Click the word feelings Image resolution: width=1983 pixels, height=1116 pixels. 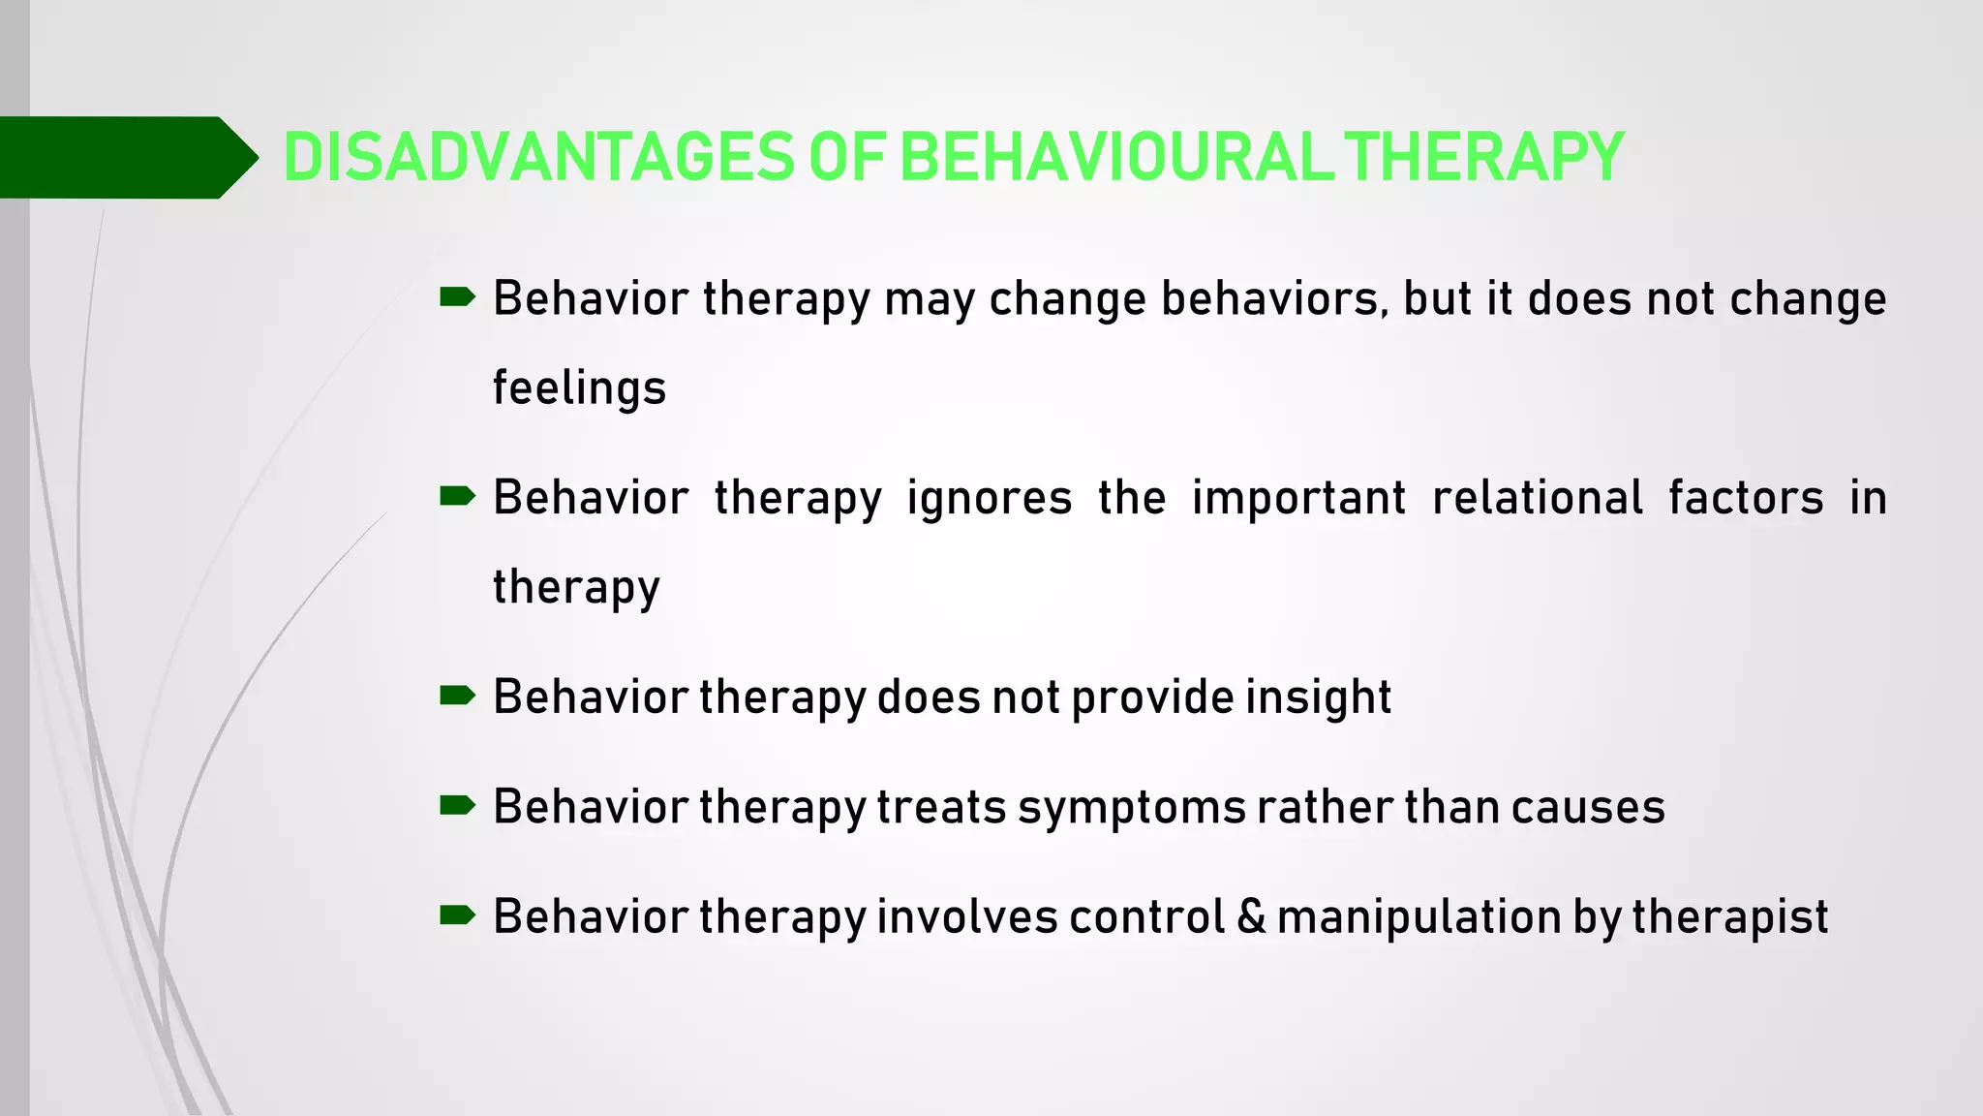pyautogui.click(x=579, y=387)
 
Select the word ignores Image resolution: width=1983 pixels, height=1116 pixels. pyautogui.click(x=989, y=498)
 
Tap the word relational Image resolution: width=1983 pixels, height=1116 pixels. pyautogui.click(x=1537, y=498)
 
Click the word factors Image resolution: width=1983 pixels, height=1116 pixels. pyautogui.click(x=1746, y=498)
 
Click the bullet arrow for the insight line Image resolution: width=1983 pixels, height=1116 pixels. pyautogui.click(x=457, y=696)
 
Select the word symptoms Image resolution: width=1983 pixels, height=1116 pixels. pyautogui.click(x=1131, y=808)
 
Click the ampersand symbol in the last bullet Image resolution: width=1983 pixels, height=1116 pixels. pyautogui.click(x=1251, y=916)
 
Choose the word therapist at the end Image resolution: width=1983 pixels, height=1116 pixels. pyautogui.click(x=1729, y=916)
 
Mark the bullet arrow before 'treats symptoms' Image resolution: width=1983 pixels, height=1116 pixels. pyautogui.click(x=457, y=805)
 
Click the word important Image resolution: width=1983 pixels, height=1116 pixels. pyautogui.click(x=1297, y=498)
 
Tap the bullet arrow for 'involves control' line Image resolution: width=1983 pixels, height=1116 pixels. pyautogui.click(x=457, y=914)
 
